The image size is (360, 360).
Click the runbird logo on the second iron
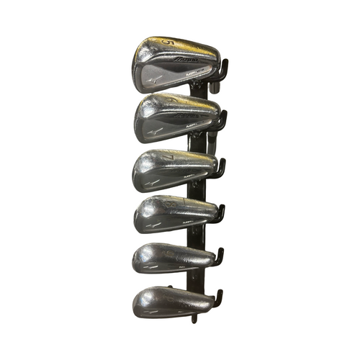[153, 132]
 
